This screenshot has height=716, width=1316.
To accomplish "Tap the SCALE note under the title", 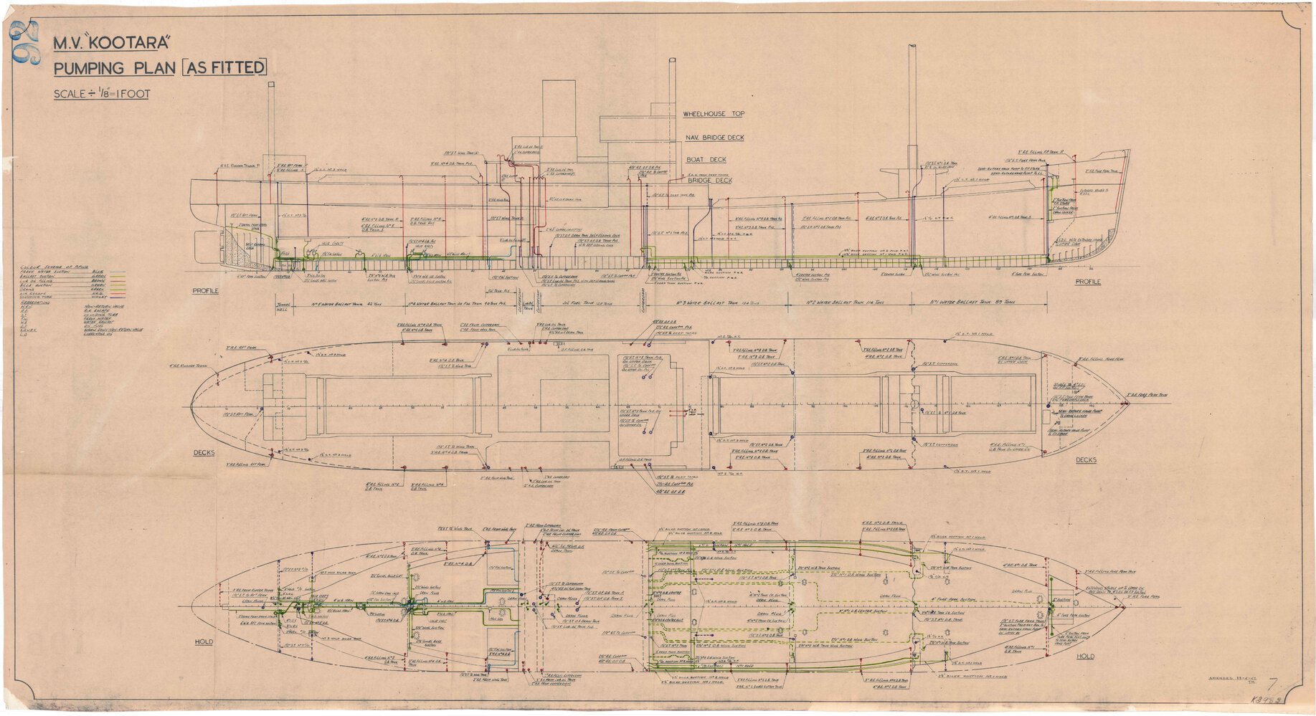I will (x=101, y=94).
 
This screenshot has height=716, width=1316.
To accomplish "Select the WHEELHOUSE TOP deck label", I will (x=714, y=114).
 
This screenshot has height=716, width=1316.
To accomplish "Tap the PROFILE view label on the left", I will (x=205, y=291).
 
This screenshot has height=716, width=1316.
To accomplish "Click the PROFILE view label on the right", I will (x=1087, y=282).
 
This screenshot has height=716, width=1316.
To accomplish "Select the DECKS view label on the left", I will (x=204, y=452).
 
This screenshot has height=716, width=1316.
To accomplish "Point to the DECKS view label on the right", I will (x=1086, y=459).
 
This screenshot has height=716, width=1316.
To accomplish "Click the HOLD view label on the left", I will (x=204, y=641).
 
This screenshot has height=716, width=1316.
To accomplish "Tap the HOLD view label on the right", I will (x=1085, y=656).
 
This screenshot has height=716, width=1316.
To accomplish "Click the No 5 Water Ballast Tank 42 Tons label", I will (x=328, y=303).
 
